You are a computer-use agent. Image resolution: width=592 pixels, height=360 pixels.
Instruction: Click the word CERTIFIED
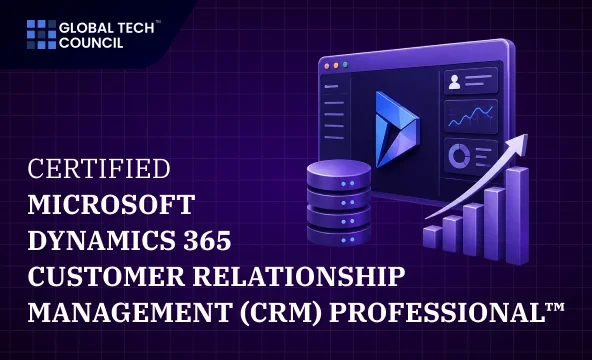99,168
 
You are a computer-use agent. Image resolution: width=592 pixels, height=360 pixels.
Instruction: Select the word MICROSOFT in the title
111,205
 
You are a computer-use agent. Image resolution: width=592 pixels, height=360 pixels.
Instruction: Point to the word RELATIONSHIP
299,276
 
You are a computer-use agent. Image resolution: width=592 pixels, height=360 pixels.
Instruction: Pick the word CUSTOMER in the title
106,276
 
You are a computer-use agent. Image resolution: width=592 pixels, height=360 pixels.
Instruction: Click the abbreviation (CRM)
281,312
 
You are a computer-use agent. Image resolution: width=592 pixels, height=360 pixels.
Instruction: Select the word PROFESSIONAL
437,312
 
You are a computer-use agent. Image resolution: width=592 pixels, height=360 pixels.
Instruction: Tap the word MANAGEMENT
130,312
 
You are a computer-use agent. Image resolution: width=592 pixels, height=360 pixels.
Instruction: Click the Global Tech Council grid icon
42,34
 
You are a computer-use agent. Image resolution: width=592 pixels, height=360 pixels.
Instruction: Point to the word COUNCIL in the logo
91,43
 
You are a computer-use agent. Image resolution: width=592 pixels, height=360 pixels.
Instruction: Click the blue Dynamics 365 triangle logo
396,129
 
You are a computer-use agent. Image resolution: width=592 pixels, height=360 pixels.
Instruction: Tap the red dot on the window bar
327,66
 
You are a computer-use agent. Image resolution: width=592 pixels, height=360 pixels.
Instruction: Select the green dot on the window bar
345,65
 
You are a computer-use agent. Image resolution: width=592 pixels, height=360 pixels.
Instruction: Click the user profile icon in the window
454,82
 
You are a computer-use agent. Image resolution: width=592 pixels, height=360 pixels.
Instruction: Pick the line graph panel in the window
471,116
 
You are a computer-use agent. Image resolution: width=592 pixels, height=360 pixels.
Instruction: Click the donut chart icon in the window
459,155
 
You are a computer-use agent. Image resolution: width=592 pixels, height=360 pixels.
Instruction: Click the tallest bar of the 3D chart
517,215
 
